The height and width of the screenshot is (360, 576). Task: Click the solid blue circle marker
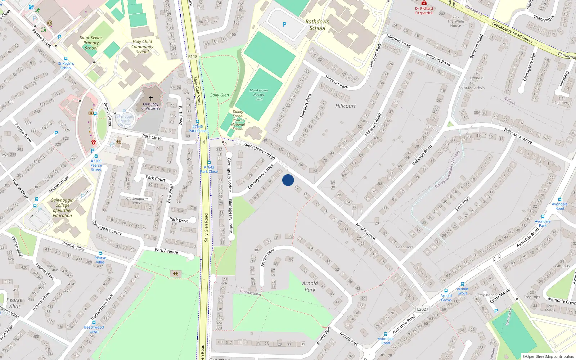288,180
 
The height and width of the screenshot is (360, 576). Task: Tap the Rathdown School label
317,25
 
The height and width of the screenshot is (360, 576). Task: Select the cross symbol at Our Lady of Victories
151,98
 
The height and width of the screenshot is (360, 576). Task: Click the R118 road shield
193,57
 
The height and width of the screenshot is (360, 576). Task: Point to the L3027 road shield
423,309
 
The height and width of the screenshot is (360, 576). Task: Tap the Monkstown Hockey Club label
259,95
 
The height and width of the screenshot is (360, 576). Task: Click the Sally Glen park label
219,95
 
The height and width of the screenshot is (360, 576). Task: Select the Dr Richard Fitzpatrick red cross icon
424,3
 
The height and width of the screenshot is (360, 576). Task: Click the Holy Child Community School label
142,46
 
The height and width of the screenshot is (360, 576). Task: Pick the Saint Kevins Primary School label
91,43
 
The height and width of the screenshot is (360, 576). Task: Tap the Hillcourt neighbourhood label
345,106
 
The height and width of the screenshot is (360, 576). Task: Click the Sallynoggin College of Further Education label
62,208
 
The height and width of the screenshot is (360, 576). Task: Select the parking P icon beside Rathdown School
284,24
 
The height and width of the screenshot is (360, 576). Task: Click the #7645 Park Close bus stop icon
197,122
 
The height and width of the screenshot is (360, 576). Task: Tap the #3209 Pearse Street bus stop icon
96,156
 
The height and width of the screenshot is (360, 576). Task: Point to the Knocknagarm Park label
136,201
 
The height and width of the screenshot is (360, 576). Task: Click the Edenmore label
405,247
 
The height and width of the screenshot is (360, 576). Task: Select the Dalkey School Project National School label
238,120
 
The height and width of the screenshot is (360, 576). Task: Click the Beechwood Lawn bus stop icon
94,323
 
